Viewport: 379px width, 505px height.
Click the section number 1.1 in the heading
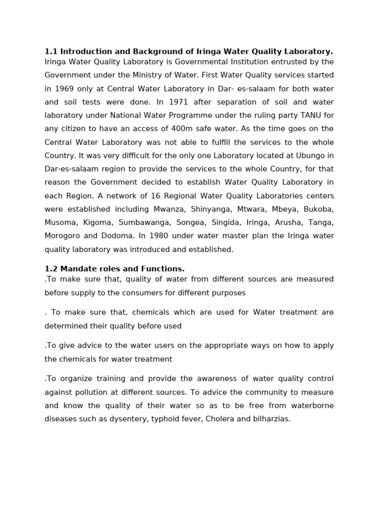tap(51, 51)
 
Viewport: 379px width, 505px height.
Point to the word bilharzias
tap(271, 419)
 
